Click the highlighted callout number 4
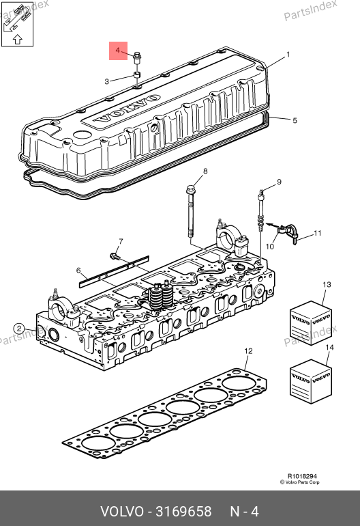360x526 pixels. coord(117,51)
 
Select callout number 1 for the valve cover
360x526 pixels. coord(288,55)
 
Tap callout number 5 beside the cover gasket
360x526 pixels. coord(295,120)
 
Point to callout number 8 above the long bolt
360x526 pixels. coord(205,171)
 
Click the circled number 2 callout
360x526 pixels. coord(19,329)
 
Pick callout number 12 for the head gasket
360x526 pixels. coord(248,351)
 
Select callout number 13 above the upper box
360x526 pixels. coord(327,284)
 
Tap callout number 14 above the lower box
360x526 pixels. coord(330,347)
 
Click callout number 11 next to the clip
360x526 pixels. coord(318,233)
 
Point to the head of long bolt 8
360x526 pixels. coord(190,189)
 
